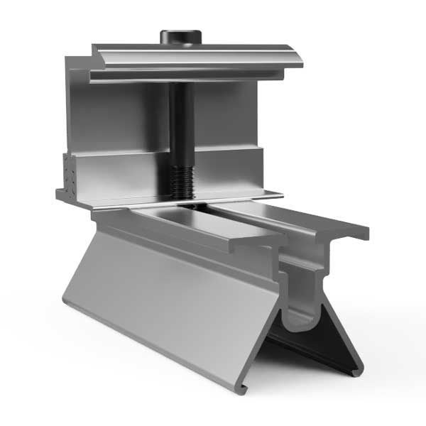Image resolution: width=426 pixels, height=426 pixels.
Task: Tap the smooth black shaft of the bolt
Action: click(x=181, y=121)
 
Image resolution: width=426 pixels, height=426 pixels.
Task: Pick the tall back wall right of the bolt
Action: click(x=227, y=114)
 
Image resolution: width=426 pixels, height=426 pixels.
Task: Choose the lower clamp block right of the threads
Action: click(x=227, y=174)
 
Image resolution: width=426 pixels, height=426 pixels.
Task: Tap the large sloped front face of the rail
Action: click(x=170, y=305)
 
